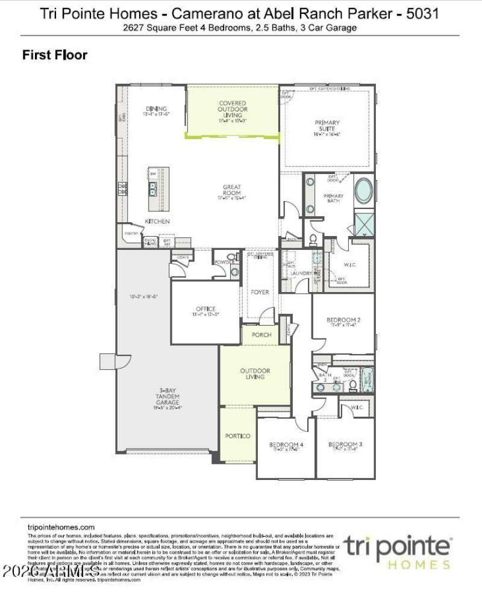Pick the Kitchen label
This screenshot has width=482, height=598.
pyautogui.click(x=157, y=222)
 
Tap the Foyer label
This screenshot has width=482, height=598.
pyautogui.click(x=260, y=293)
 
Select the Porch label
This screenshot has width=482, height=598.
pyautogui.click(x=261, y=335)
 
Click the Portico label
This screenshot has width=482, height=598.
pyautogui.click(x=237, y=435)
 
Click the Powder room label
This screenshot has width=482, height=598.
pyautogui.click(x=225, y=263)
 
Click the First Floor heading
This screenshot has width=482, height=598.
pyautogui.click(x=55, y=55)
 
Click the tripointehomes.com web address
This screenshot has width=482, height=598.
pyautogui.click(x=61, y=526)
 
